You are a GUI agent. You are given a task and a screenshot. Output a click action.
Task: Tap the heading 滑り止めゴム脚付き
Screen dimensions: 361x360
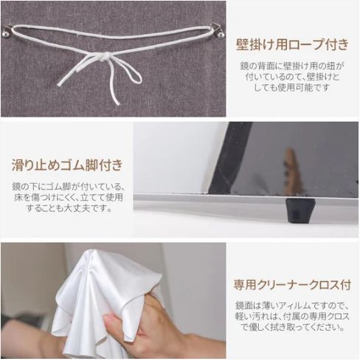click(67, 164)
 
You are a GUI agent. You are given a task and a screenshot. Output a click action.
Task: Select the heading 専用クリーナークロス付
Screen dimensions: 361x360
click(293, 284)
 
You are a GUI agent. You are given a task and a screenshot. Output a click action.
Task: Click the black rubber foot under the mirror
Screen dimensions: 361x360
click(300, 210)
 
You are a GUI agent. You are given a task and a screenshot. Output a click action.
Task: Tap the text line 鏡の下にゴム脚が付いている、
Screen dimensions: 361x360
click(67, 186)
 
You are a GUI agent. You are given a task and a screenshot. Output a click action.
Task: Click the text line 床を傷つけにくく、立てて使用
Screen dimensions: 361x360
click(67, 197)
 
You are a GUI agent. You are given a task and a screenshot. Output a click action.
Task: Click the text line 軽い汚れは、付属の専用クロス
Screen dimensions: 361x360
click(293, 317)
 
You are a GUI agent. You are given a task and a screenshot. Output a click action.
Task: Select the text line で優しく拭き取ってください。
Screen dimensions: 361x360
click(293, 329)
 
